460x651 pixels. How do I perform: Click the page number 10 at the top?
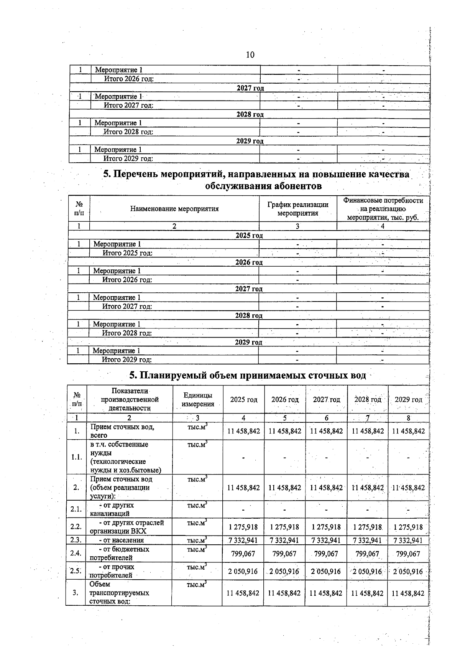pyautogui.click(x=250, y=55)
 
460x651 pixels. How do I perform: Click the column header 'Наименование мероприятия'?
pyautogui.click(x=174, y=209)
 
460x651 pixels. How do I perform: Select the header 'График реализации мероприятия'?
pyautogui.click(x=298, y=209)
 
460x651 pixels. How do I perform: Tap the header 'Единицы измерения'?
pyautogui.click(x=197, y=399)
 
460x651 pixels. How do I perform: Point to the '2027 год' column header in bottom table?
pyautogui.click(x=326, y=399)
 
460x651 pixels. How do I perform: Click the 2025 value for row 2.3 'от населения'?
pyautogui.click(x=243, y=540)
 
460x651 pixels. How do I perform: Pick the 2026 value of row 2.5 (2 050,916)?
pyautogui.click(x=284, y=571)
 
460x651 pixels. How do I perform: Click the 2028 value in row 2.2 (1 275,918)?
pyautogui.click(x=367, y=527)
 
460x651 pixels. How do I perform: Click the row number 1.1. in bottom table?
pyautogui.click(x=77, y=457)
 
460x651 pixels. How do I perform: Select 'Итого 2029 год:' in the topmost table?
pyautogui.click(x=128, y=158)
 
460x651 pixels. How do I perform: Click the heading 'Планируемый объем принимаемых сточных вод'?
pyautogui.click(x=247, y=375)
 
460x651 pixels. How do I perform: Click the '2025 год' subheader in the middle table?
pyautogui.click(x=249, y=236)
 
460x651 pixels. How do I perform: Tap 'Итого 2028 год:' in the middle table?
pyautogui.click(x=127, y=333)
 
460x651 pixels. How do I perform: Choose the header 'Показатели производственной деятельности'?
pyautogui.click(x=130, y=399)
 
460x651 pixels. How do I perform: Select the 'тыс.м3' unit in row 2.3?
pyautogui.click(x=197, y=540)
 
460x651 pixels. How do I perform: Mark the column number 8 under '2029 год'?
pyautogui.click(x=408, y=418)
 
